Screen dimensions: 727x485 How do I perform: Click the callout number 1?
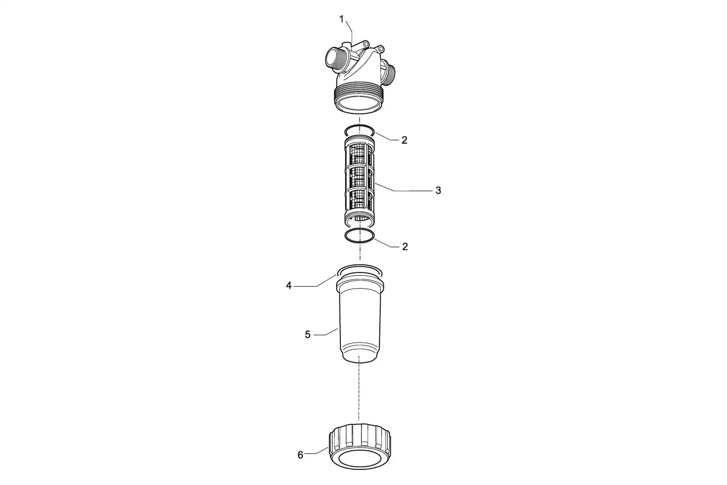tap(342, 19)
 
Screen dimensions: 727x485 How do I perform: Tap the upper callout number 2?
tap(404, 140)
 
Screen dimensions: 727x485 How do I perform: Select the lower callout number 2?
tap(405, 247)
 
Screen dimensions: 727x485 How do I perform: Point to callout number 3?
tap(438, 191)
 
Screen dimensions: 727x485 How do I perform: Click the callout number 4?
tap(289, 286)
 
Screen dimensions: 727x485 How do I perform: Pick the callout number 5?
tap(307, 335)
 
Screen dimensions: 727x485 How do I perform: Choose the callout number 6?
tap(300, 455)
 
